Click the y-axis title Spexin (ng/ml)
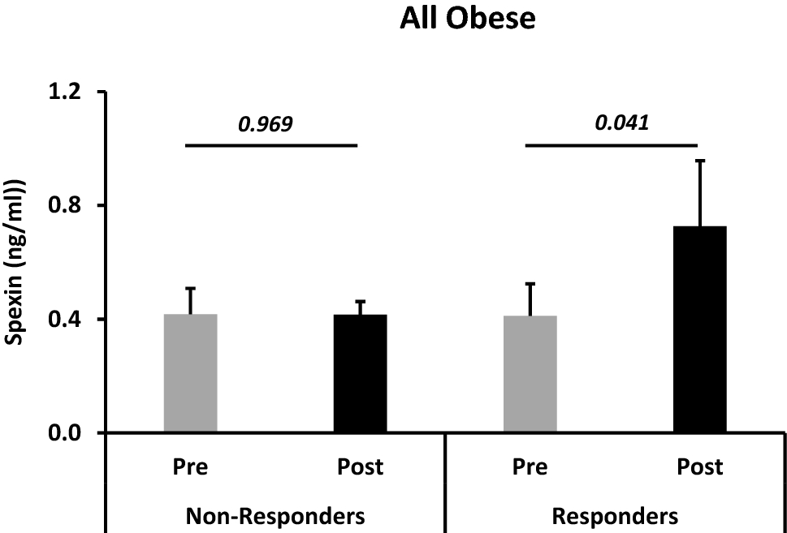(x=15, y=261)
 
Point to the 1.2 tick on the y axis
(x=69, y=92)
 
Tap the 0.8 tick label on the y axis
(x=69, y=205)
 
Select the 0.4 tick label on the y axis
(x=69, y=319)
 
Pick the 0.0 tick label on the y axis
(x=69, y=432)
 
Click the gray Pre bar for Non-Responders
(x=190, y=373)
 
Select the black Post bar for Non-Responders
(x=360, y=373)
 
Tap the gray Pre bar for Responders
(x=530, y=374)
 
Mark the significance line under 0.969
(x=272, y=146)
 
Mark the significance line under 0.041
(x=612, y=146)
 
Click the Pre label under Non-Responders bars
(x=190, y=468)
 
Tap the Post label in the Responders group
(x=699, y=468)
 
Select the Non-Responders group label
(x=275, y=515)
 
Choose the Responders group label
(x=615, y=515)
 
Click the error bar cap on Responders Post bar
(x=699, y=161)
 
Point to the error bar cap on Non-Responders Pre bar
(x=190, y=288)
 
